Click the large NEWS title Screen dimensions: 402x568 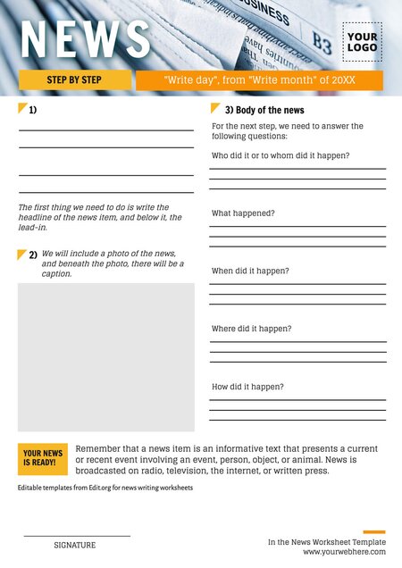[86, 38]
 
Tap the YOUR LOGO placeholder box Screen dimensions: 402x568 [362, 42]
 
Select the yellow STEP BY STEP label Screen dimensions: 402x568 [74, 80]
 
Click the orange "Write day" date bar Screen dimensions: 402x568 [259, 80]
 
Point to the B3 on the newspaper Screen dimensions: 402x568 [322, 40]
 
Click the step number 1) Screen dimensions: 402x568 [32, 110]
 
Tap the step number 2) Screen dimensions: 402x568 [32, 255]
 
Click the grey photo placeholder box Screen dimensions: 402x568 [105, 357]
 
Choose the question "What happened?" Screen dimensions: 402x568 [243, 213]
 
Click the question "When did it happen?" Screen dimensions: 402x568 [250, 271]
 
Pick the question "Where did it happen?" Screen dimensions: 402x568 [251, 329]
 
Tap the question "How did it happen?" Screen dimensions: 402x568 [247, 387]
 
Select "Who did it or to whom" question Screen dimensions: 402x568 [280, 155]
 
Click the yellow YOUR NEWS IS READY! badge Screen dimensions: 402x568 [43, 458]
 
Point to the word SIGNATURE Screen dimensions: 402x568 [74, 545]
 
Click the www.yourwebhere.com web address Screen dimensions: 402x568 [344, 552]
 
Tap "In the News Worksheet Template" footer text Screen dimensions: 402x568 [327, 542]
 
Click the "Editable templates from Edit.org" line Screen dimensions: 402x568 [105, 488]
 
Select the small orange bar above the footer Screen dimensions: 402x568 [374, 531]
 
